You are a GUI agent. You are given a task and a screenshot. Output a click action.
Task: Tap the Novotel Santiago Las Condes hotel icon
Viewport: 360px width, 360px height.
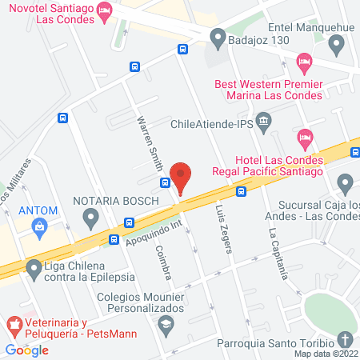[103, 11]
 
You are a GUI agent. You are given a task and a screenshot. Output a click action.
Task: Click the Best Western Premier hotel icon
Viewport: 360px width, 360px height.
[304, 61]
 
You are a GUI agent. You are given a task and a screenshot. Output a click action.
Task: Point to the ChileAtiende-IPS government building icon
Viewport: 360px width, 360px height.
[267, 120]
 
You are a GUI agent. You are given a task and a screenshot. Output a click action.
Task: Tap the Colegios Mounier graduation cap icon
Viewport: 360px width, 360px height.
[166, 323]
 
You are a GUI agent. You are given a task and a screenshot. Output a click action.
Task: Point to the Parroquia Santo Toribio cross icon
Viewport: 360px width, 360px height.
[346, 339]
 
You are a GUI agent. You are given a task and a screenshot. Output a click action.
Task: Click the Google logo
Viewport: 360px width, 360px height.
[27, 350]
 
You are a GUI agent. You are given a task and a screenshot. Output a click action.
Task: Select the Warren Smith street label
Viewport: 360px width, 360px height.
[150, 145]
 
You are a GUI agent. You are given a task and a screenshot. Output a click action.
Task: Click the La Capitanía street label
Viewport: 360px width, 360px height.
[278, 255]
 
